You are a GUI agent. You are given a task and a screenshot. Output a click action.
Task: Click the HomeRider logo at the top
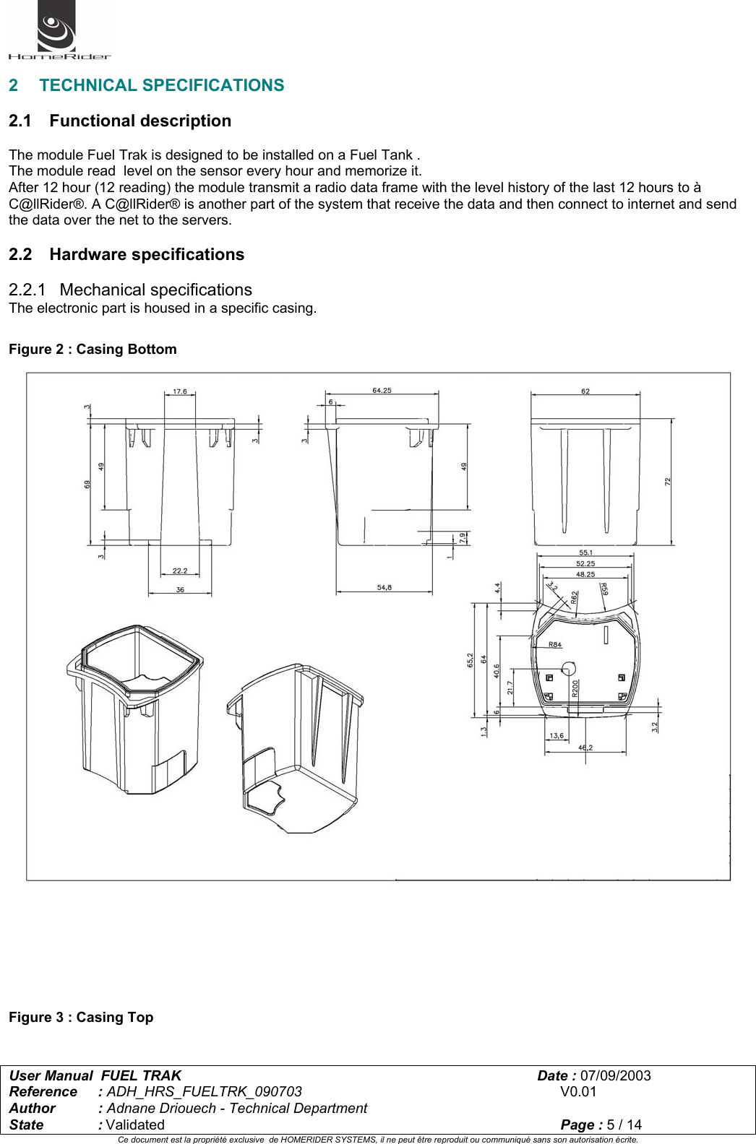pos(58,31)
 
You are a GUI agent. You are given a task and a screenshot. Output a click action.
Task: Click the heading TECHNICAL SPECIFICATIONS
pos(161,85)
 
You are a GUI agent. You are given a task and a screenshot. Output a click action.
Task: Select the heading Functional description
pos(140,121)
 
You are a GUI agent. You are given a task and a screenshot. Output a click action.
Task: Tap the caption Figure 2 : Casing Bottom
pos(93,350)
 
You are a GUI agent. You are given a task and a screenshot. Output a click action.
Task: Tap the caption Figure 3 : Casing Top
pos(81,1018)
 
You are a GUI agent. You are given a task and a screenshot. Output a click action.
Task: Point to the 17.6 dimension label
pos(179,391)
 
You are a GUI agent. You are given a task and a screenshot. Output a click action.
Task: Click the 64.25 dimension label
pos(382,391)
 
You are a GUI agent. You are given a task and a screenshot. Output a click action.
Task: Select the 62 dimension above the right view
pos(585,391)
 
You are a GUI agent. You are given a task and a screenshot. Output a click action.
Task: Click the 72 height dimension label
pos(668,481)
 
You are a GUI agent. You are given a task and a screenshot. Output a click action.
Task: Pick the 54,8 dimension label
pos(384,588)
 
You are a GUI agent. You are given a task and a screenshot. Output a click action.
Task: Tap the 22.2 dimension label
pos(180,571)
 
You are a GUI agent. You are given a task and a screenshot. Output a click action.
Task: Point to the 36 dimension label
pos(180,590)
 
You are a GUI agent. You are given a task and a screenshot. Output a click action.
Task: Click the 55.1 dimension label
pos(585,553)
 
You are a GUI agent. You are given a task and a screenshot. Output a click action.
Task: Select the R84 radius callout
pos(554,644)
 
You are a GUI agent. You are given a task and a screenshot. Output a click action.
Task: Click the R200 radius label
pos(575,688)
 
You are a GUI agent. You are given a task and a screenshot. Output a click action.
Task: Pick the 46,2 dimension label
pos(585,747)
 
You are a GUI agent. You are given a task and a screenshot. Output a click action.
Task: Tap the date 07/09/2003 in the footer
pos(615,1076)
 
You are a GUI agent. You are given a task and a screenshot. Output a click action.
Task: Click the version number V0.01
pos(578,1092)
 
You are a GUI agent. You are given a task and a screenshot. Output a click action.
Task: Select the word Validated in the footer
pos(135,1125)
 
